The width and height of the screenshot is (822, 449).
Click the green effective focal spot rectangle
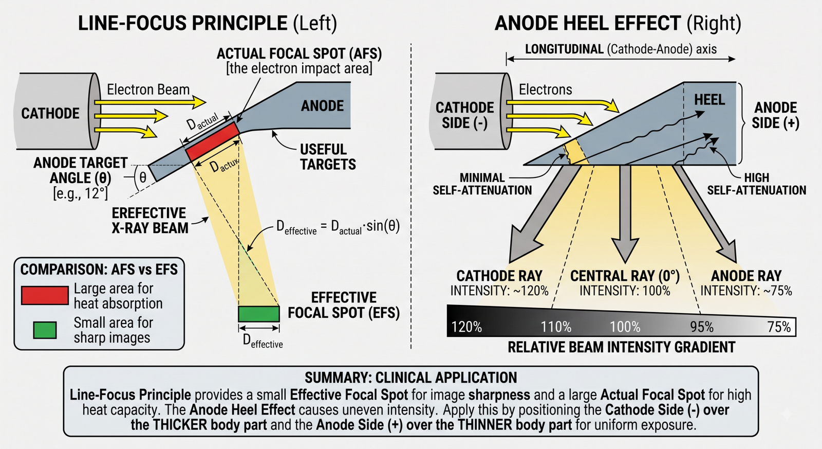pos(259,314)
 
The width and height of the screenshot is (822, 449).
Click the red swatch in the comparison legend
pos(45,295)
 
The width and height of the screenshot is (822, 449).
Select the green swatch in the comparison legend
pos(45,330)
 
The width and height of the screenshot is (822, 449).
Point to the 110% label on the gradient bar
pos(556,327)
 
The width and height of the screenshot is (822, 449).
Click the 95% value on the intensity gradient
pos(702,327)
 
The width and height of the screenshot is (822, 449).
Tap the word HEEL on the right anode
pos(709,100)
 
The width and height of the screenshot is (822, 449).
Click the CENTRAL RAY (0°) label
pos(625,276)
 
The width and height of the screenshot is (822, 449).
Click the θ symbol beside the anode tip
pos(143,177)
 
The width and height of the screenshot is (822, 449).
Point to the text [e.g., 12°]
pos(80,193)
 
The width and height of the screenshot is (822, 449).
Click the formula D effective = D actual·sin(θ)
pos(338,227)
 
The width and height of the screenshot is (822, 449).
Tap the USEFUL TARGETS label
pos(328,157)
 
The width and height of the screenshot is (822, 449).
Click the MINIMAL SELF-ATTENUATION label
pos(482,184)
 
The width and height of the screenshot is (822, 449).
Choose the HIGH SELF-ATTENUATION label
pos(756,184)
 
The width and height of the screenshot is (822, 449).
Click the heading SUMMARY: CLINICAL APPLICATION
pos(410,378)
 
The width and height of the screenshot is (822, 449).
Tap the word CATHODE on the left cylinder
pos(50,113)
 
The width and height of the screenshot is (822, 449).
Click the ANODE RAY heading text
pos(746,276)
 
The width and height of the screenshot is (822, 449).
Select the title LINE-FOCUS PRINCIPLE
pos(183,23)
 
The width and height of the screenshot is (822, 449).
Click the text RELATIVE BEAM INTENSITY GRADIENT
pos(621,347)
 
